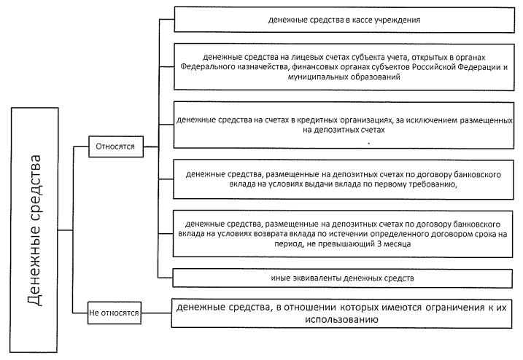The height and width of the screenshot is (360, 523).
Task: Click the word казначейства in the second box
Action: coord(265,67)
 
